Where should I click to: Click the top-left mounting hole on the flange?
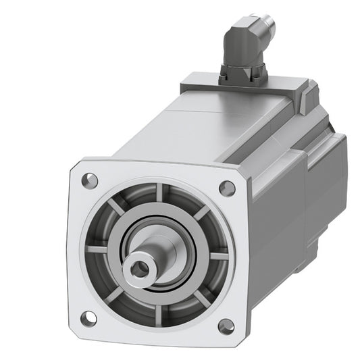pos(88,180)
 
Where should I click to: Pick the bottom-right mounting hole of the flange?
pos(226,326)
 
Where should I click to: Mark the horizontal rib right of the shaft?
pos(218,255)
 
